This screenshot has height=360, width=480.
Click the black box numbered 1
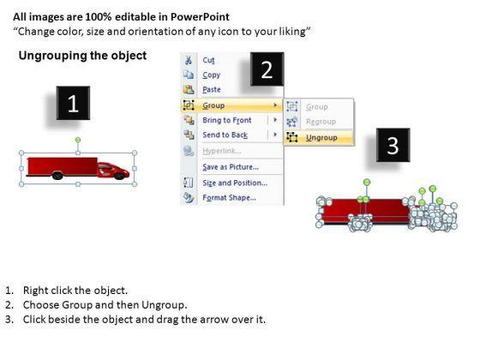coord(73,103)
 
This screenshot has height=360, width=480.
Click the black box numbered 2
coord(267,69)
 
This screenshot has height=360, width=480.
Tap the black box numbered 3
coord(393,145)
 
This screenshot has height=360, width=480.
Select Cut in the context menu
coord(208,60)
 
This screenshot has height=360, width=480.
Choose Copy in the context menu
coord(211,75)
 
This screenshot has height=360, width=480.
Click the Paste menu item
coord(212,90)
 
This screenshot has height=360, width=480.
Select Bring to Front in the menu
coord(227,120)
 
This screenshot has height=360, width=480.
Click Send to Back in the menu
coord(225,135)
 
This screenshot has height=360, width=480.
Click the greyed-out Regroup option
coord(321,122)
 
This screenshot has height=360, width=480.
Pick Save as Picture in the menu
coord(231,167)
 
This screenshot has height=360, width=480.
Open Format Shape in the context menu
coord(230,197)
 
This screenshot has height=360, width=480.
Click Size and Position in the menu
coord(235,183)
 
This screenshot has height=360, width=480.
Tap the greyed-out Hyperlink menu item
coord(222,151)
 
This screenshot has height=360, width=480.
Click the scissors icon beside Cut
coord(189,60)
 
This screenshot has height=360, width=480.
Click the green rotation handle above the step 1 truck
coord(78,140)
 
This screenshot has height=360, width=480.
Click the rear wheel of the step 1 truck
coord(57,176)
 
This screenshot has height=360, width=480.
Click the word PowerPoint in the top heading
coord(200,17)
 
